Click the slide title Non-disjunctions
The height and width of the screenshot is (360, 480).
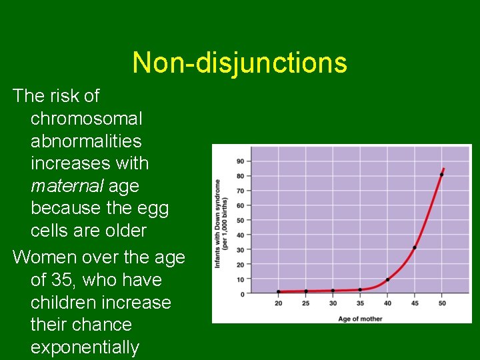[239, 63]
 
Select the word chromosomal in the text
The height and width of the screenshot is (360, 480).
[87, 119]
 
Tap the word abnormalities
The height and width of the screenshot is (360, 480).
[86, 141]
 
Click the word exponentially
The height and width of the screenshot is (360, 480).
[85, 347]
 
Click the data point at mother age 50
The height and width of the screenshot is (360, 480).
[441, 175]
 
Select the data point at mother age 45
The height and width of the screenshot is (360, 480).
[415, 247]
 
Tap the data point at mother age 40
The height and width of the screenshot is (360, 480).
[387, 279]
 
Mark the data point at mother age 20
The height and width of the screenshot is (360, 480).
[279, 291]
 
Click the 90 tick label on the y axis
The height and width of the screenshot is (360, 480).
[239, 161]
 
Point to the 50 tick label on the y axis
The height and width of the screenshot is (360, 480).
[239, 220]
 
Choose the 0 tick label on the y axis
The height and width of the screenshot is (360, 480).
[241, 294]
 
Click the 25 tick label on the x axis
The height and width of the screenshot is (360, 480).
[306, 303]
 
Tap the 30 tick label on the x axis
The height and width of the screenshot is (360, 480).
[333, 303]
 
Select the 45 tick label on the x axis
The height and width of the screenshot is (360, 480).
[415, 303]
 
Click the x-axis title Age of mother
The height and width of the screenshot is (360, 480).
[360, 318]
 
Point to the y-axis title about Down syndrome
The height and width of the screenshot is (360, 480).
[221, 223]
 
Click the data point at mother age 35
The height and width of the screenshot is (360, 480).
[360, 289]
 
